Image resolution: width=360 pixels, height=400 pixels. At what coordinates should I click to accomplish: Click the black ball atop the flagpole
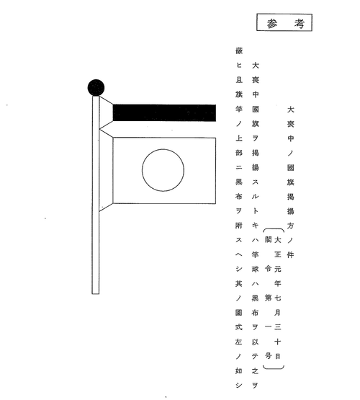click(96, 87)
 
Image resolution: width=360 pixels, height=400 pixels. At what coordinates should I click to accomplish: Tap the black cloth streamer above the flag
click(164, 112)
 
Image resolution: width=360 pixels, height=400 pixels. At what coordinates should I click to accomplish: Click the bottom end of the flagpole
click(96, 293)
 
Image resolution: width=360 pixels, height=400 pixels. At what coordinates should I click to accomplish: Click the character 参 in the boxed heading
click(272, 24)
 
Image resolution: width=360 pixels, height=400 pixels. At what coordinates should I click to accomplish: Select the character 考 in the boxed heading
click(300, 24)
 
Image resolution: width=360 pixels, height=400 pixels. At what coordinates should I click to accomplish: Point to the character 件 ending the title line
click(290, 254)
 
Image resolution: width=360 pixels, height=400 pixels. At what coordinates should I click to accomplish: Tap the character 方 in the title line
click(290, 226)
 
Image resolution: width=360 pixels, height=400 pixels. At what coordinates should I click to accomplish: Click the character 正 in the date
click(277, 254)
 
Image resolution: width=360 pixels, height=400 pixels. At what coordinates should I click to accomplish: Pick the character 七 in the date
click(277, 298)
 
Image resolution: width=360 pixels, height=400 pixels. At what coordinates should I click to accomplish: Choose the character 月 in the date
click(277, 312)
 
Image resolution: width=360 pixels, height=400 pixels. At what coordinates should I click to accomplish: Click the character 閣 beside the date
click(268, 239)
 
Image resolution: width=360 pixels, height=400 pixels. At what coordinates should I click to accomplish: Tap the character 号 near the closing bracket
click(268, 355)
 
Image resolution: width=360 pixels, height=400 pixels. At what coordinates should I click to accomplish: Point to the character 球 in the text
click(255, 269)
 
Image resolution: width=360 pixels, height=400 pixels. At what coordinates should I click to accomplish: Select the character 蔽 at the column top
click(239, 50)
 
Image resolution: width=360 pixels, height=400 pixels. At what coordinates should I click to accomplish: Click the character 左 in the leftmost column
click(239, 342)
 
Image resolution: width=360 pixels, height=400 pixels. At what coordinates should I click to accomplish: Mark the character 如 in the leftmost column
click(239, 370)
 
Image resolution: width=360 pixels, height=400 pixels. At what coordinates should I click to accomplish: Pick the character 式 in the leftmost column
click(239, 327)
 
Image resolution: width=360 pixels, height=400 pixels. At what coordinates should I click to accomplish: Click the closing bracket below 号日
click(274, 368)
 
